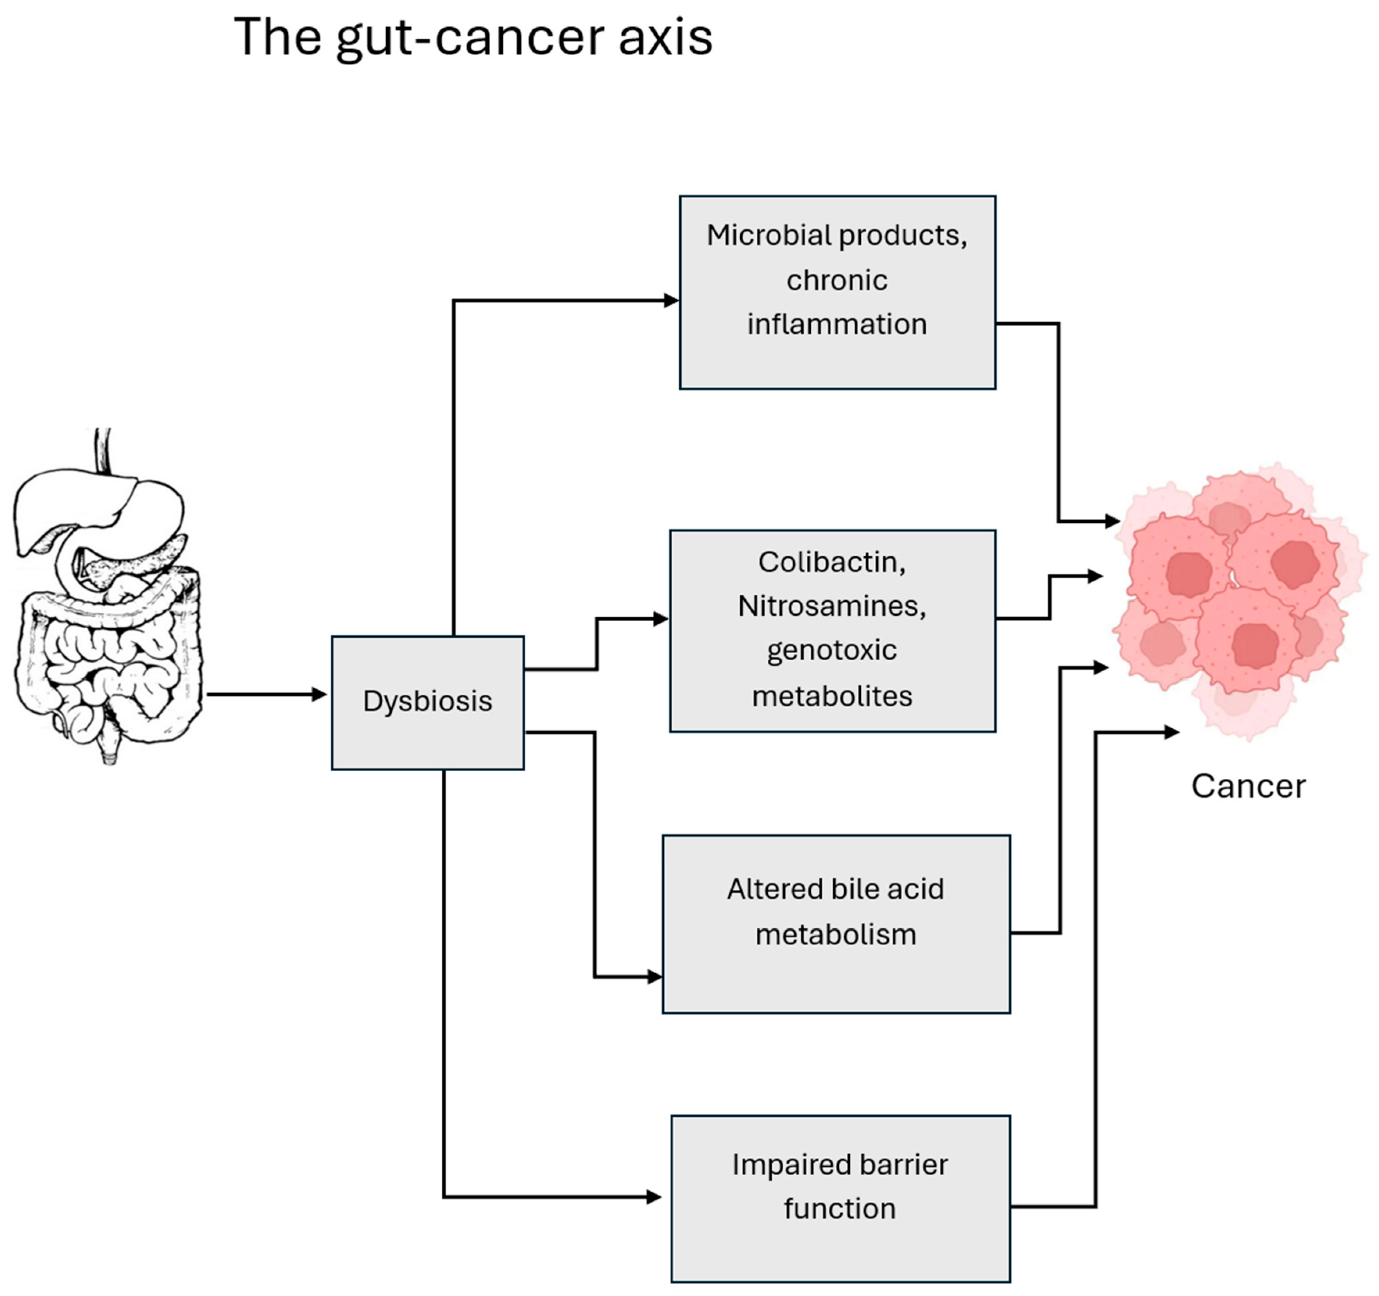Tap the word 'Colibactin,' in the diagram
tap(832, 562)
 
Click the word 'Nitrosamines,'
tap(832, 606)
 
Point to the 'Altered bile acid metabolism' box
tap(836, 924)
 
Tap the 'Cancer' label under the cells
tap(1248, 787)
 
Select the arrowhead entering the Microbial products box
tap(672, 300)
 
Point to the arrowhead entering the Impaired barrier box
tap(654, 1197)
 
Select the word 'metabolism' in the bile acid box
tap(836, 935)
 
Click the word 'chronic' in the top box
tap(836, 280)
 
